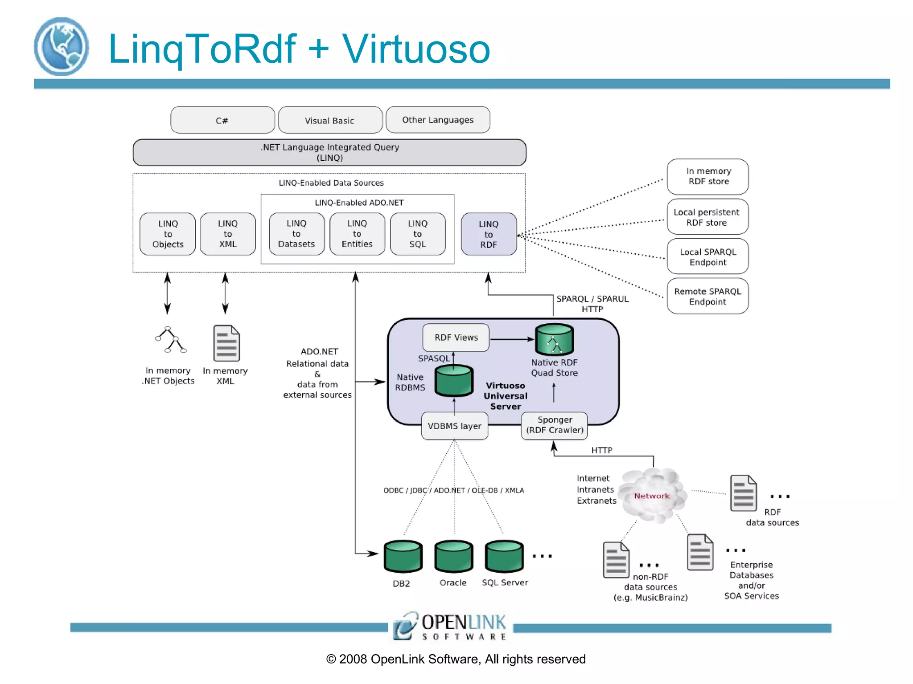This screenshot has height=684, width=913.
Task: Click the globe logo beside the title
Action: pos(62,46)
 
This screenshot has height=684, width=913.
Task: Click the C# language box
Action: pos(222,120)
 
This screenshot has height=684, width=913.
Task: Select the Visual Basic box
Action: pos(330,120)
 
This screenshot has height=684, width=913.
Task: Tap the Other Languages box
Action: pos(438,120)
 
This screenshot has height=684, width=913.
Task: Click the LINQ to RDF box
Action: pos(489,234)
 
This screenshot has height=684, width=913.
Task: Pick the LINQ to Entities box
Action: pos(357,234)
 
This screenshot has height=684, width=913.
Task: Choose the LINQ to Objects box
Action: pos(168,234)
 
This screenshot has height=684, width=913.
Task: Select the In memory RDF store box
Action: pos(707,176)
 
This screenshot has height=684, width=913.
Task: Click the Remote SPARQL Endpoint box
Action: pos(707,296)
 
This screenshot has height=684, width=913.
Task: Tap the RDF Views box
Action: pos(456,338)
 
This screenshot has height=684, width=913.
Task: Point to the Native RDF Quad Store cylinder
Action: pos(554,339)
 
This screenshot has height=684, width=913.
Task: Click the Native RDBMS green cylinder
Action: pos(454,380)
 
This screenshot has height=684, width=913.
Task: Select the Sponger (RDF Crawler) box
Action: pos(554,425)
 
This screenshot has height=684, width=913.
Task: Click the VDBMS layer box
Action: pos(454,426)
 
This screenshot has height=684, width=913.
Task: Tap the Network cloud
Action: pos(652,496)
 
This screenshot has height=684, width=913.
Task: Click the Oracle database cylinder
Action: pos(453,556)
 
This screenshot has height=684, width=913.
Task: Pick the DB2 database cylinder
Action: pos(403,556)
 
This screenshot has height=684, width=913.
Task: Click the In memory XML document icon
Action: pos(226,343)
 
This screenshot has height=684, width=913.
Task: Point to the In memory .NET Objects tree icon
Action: pos(170,340)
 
